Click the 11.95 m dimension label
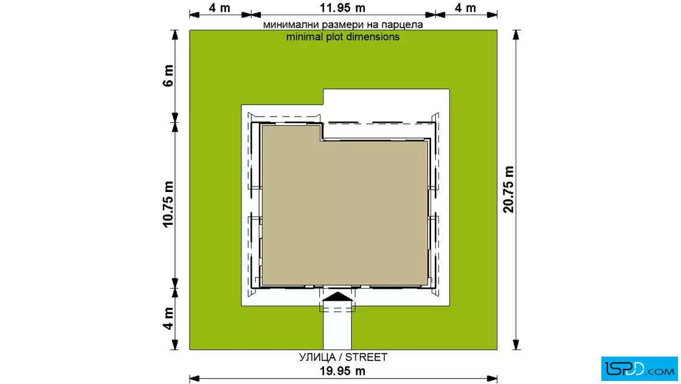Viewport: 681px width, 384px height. [342, 8]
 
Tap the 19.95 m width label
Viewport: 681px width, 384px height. [342, 371]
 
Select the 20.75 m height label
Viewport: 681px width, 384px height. [508, 189]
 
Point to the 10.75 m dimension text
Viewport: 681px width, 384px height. [168, 204]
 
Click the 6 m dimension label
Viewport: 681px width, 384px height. [168, 75]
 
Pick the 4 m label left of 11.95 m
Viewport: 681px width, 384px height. [220, 8]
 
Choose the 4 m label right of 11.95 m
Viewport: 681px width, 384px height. [465, 8]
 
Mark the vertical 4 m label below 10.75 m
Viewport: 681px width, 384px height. [168, 318]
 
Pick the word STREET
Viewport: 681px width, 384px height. [366, 357]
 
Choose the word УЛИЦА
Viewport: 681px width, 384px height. [317, 357]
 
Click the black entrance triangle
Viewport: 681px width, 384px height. [337, 297]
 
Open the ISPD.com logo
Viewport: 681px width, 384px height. [639, 369]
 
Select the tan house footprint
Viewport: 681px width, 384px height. [345, 208]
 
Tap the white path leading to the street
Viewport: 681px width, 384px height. [337, 327]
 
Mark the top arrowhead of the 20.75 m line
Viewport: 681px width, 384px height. [516, 35]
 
